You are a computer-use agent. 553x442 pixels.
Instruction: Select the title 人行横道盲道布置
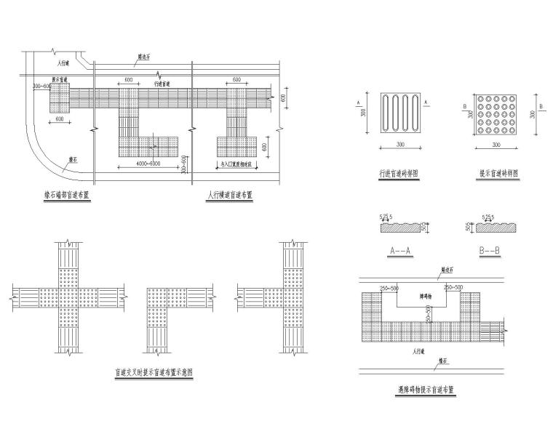click(230, 195)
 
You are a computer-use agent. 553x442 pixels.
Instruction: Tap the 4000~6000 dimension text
click(148, 165)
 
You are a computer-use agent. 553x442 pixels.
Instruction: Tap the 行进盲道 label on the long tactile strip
click(162, 85)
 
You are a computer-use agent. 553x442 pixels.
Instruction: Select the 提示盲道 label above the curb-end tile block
click(60, 79)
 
